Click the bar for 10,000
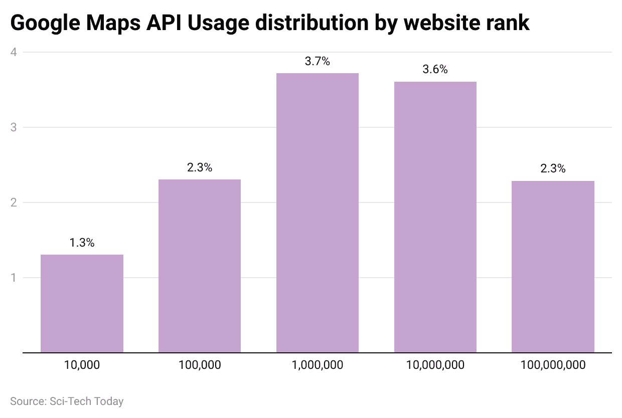point(82,303)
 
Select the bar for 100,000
point(200,266)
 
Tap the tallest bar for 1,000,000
point(318,213)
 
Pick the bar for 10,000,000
point(435,217)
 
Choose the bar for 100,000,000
point(553,267)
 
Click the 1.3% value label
point(82,243)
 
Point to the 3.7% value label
point(318,62)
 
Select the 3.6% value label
point(435,70)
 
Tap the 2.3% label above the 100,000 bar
point(200,168)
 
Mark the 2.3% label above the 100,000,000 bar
point(553,169)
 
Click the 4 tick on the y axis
point(14,52)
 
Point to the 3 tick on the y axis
point(14,127)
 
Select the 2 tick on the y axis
point(14,202)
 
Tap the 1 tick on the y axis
point(14,278)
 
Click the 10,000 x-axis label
point(82,365)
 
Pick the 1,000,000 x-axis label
point(318,365)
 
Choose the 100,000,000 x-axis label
point(553,365)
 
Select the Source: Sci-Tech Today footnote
point(67,401)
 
